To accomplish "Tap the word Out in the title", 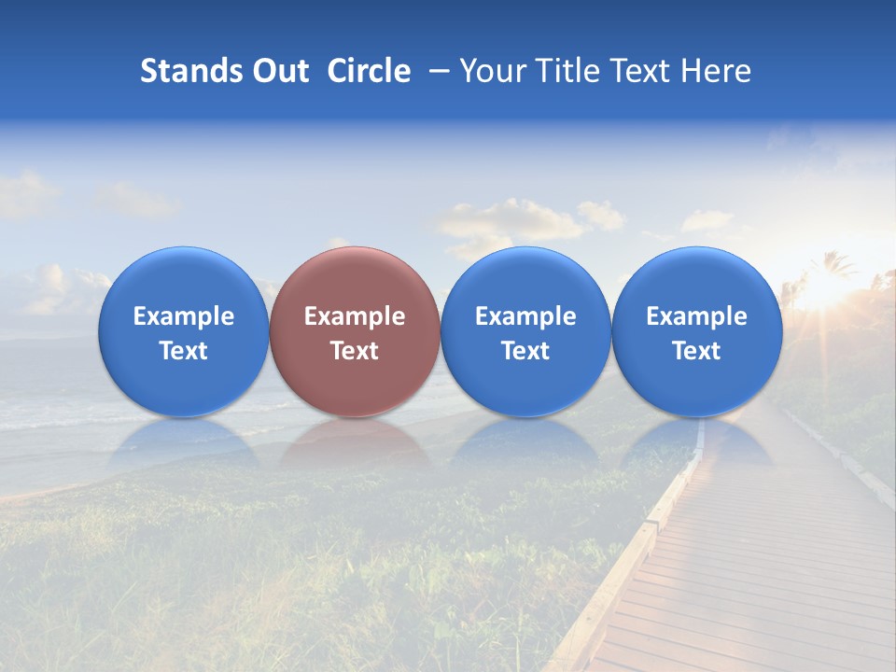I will click(x=278, y=71).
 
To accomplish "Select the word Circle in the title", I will click(x=369, y=71).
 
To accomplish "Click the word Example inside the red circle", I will click(x=355, y=316).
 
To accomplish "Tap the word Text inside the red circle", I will click(x=355, y=351).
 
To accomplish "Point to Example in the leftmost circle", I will click(x=183, y=316).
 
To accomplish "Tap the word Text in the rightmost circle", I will click(x=696, y=351).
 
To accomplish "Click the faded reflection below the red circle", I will click(x=355, y=442).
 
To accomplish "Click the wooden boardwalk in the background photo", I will click(x=747, y=560).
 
